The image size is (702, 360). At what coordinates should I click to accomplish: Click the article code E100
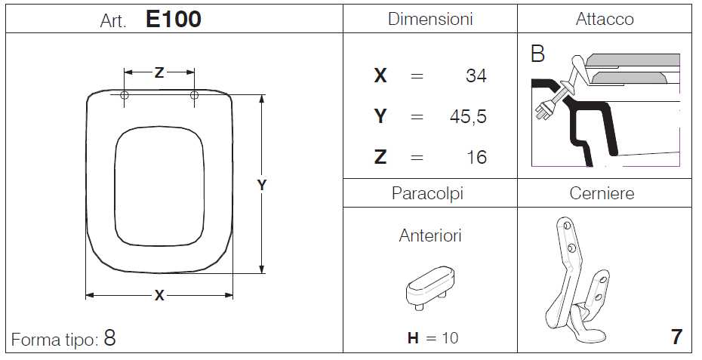(174, 20)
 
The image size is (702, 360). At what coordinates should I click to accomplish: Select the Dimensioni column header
(430, 19)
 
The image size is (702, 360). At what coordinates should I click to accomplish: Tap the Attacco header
(605, 19)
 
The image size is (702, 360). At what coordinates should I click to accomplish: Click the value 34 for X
(476, 75)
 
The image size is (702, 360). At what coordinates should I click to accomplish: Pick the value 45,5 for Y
(468, 117)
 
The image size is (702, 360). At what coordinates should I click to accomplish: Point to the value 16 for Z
(476, 157)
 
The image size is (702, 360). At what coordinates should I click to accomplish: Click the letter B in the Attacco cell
(537, 54)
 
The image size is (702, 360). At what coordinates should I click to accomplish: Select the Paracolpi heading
(427, 193)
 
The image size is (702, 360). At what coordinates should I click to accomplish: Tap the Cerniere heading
(602, 193)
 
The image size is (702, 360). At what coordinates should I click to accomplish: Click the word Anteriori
(430, 235)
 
